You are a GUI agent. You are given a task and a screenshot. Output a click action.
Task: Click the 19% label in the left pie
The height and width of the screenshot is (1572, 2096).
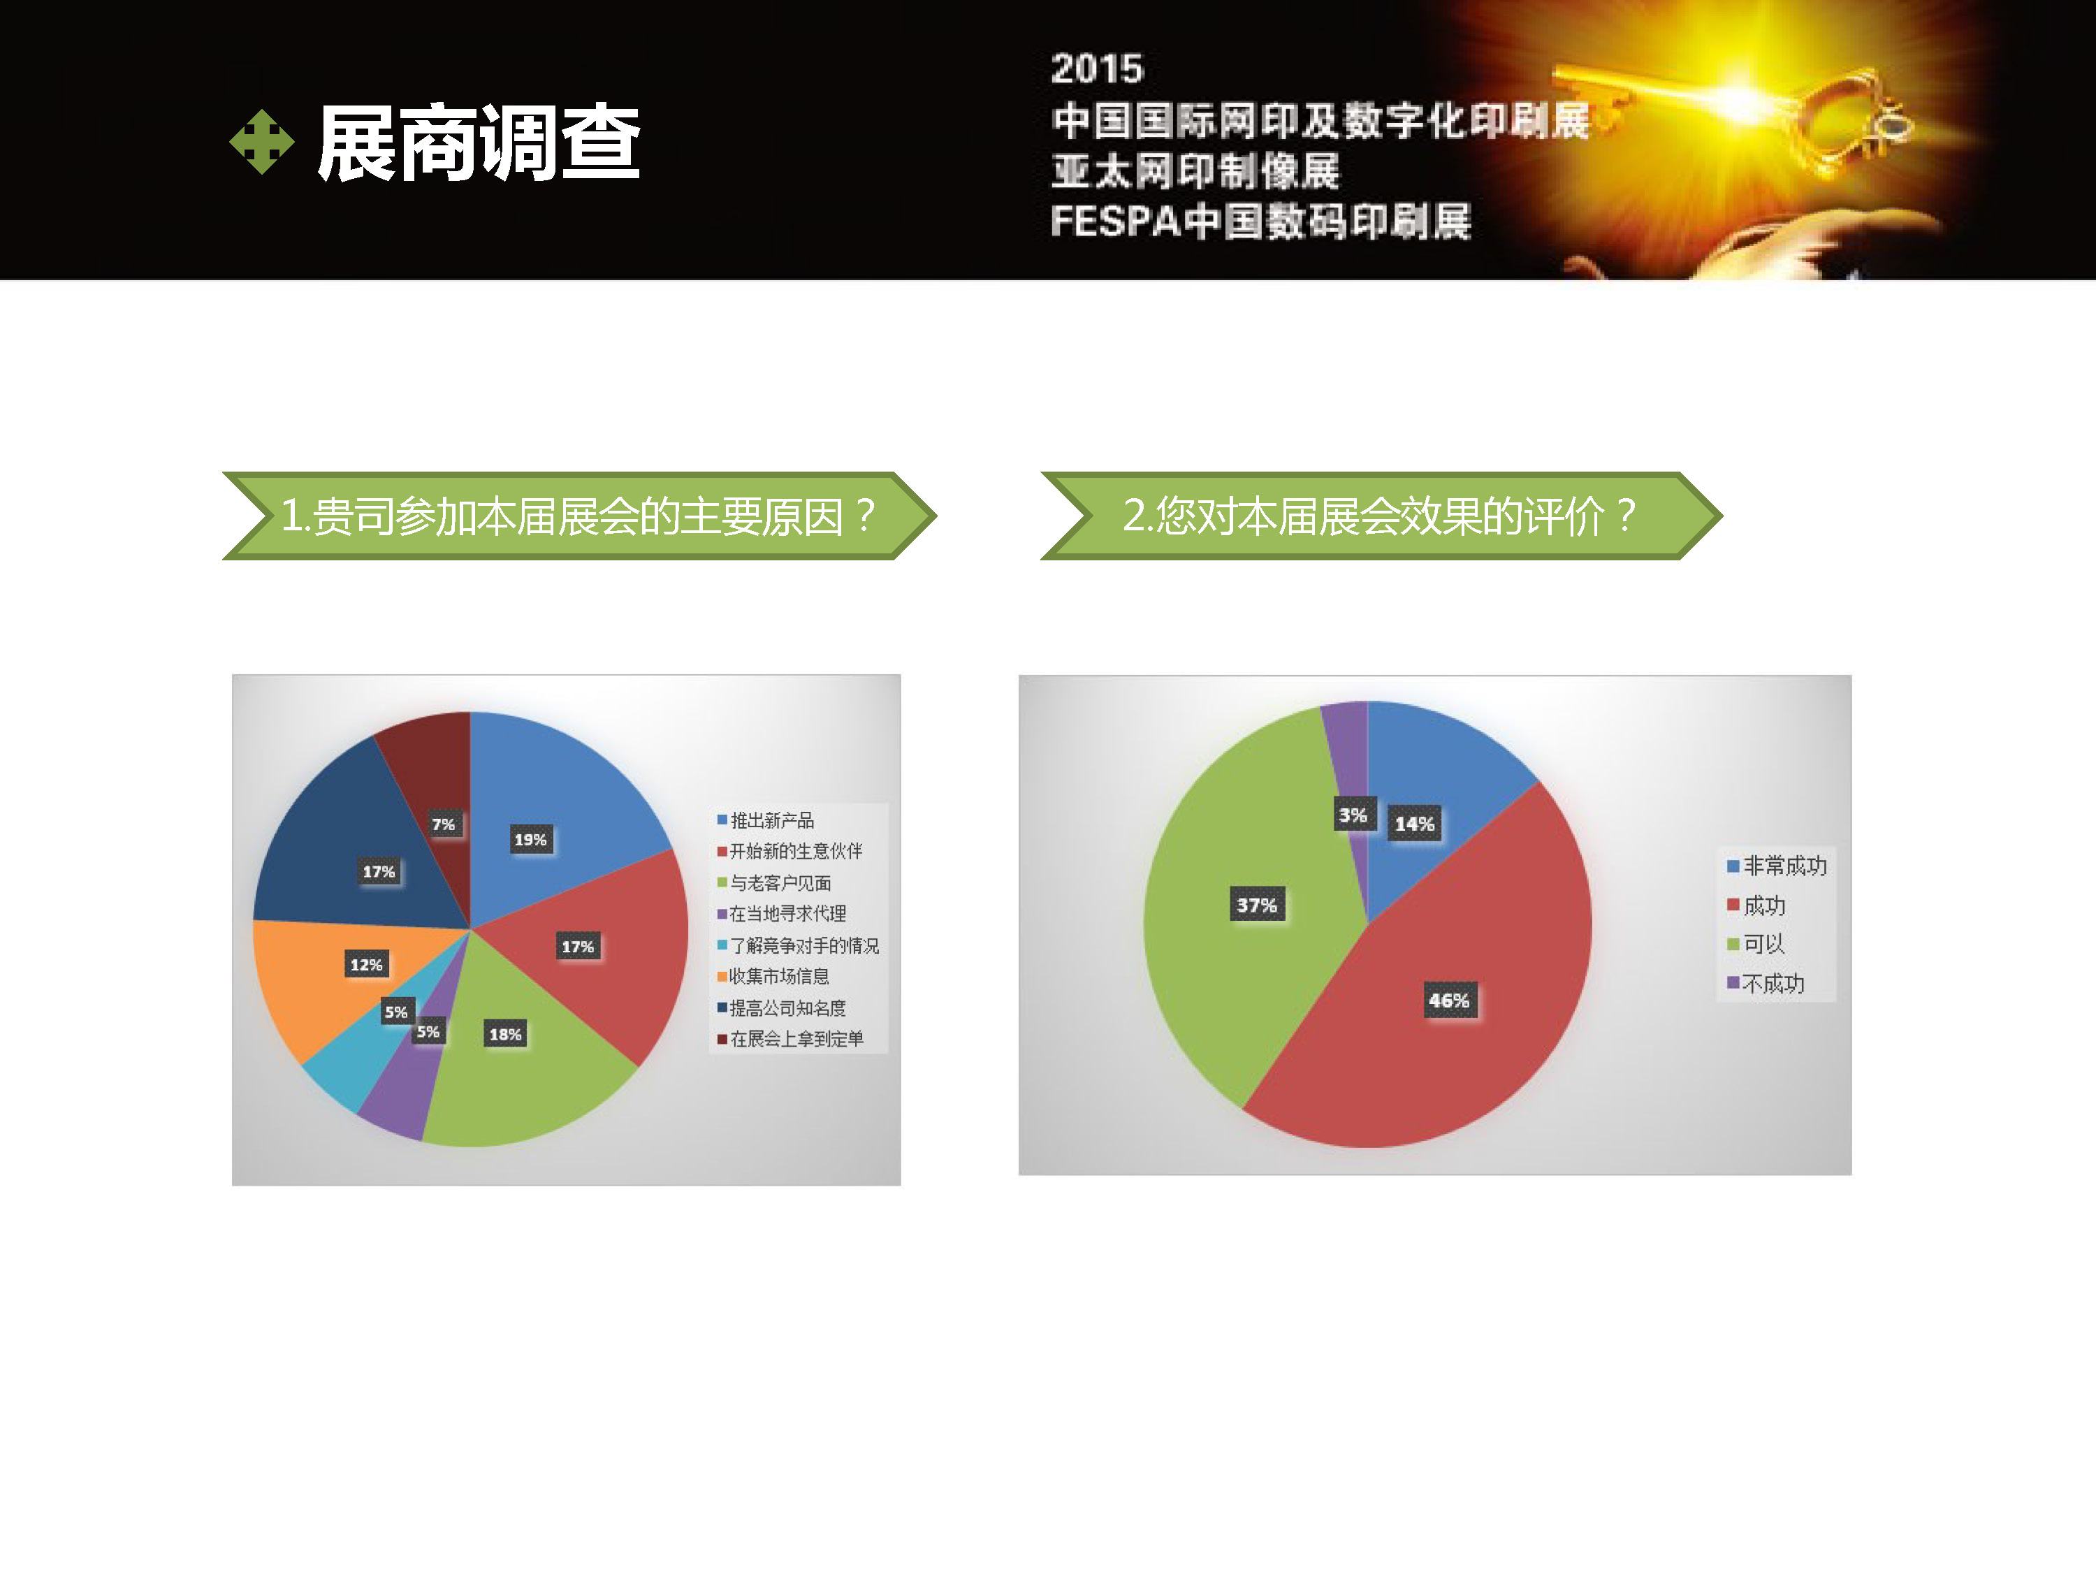coord(530,840)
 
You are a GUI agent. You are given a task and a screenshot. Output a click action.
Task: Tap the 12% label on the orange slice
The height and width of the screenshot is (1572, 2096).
coord(366,965)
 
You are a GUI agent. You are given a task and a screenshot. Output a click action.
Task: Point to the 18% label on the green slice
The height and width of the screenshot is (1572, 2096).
coord(505,1034)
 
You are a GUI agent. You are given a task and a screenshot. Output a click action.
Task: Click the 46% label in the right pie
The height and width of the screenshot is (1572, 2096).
coord(1449,1000)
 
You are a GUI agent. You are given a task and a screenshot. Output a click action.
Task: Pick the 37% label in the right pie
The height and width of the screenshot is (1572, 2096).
coord(1256,905)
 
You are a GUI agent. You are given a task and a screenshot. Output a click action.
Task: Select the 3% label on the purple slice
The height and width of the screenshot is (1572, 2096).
coord(1352,815)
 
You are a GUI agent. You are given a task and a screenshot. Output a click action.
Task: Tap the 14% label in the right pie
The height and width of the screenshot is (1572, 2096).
coord(1414,824)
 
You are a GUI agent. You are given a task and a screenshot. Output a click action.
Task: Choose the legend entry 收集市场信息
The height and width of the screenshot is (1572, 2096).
coord(773,976)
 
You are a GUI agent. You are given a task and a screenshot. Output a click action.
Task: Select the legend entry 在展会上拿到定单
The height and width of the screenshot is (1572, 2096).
coord(790,1038)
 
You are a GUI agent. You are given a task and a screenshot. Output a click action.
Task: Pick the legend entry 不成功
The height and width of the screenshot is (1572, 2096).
coord(1766,984)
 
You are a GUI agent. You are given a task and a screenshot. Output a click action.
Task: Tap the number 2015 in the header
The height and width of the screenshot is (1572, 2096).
coord(1098,69)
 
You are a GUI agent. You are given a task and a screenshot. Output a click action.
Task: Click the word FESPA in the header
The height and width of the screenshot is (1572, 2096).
coord(1115,221)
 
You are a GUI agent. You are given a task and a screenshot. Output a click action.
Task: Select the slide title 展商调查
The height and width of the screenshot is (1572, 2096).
coord(479,143)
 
